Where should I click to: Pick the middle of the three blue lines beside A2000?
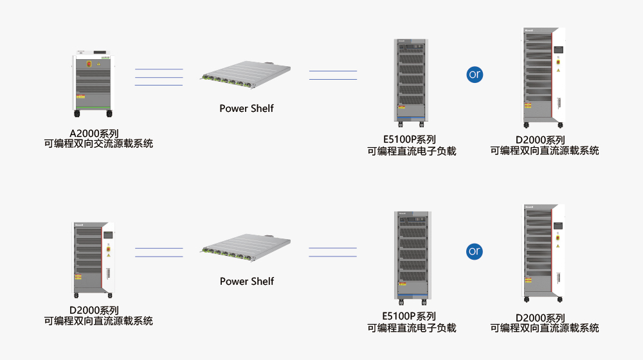pos(159,77)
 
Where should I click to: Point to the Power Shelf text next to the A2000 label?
pos(246,108)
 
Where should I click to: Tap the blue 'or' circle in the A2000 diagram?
pos(475,74)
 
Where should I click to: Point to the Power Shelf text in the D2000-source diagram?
pos(246,281)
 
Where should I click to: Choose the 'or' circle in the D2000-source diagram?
pos(475,251)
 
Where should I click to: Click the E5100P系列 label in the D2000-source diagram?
pos(409,316)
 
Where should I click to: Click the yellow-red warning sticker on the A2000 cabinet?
pos(80,96)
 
